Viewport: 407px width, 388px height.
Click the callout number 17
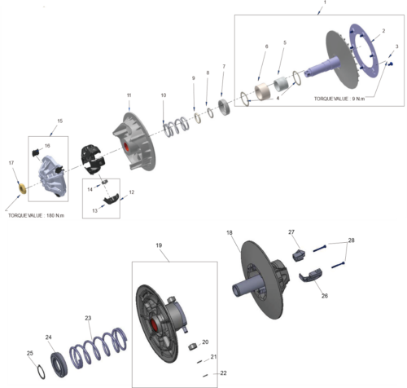[11, 164]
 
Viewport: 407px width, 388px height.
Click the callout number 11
[129, 96]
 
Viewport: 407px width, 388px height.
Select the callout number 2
[383, 31]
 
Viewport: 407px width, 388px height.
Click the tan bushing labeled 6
[263, 90]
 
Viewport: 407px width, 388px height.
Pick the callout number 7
[224, 66]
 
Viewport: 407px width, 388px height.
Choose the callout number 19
[159, 245]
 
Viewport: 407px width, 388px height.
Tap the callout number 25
[30, 353]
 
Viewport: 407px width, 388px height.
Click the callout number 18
[230, 233]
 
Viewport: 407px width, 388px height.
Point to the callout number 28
[351, 240]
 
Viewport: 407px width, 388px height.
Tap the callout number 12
[132, 192]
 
